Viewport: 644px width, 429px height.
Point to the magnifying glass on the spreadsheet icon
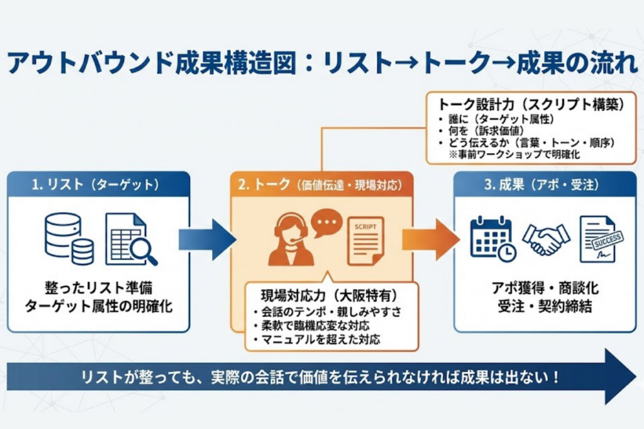click(x=143, y=252)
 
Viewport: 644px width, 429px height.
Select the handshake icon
click(x=545, y=239)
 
